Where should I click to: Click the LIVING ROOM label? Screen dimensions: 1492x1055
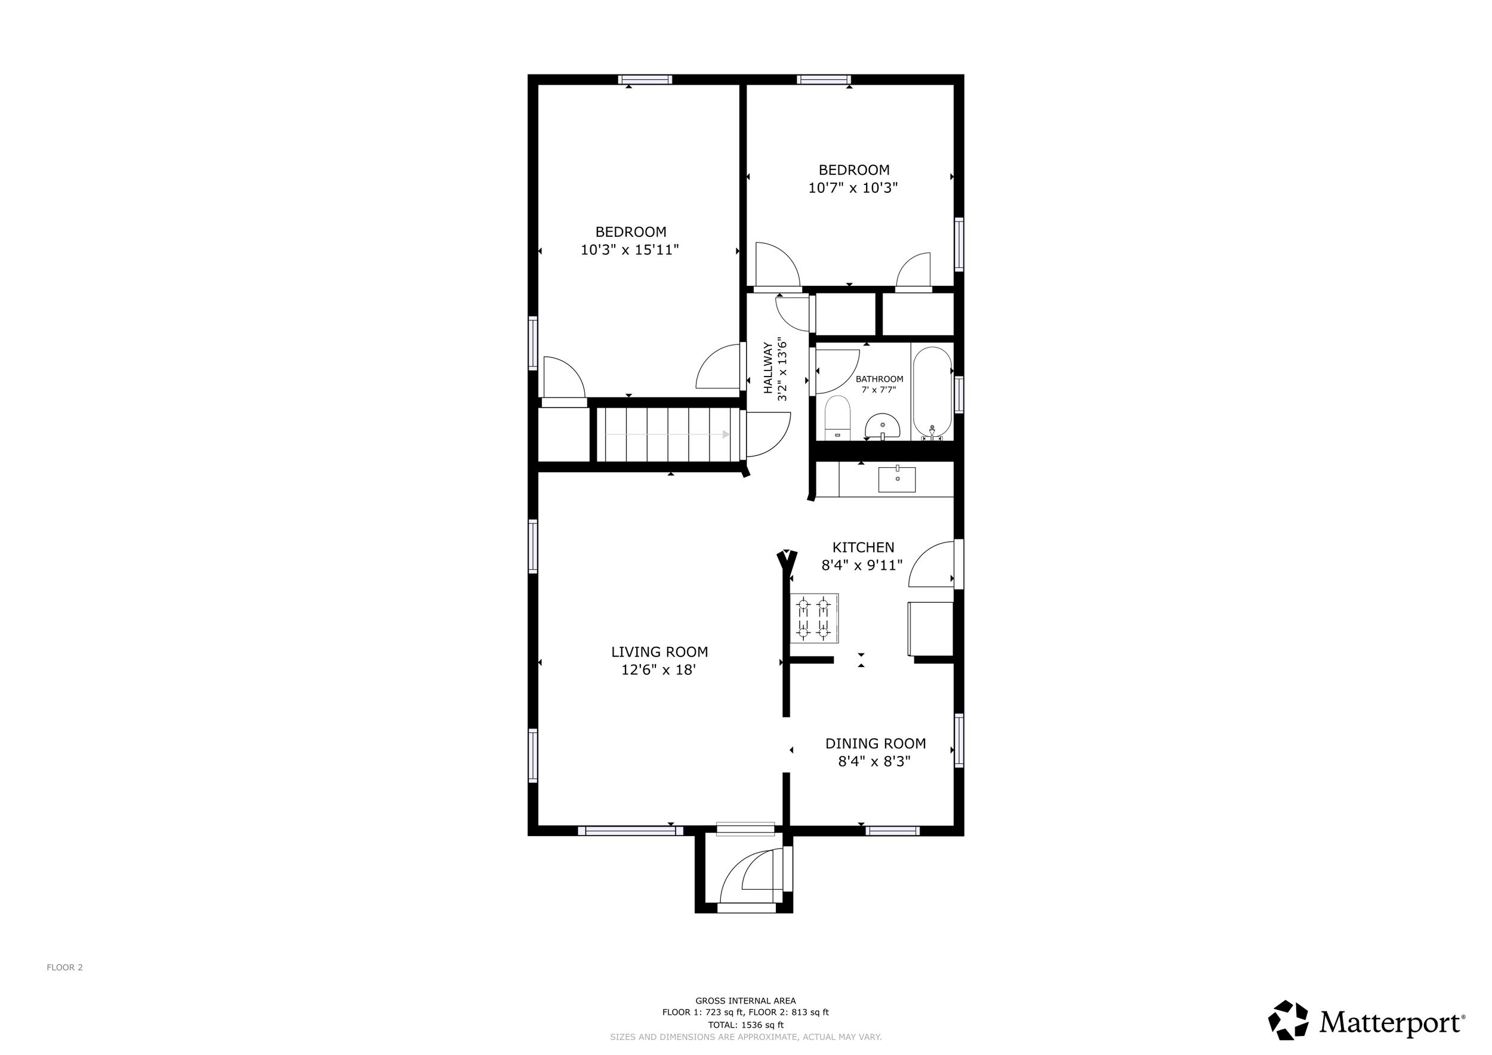coord(659,652)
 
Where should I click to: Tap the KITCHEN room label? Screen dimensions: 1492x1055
coord(863,548)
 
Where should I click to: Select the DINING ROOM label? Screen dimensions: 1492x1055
coord(876,743)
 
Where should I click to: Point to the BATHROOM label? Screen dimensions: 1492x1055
coord(879,380)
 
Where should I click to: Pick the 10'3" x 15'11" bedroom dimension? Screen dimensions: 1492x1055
coord(630,249)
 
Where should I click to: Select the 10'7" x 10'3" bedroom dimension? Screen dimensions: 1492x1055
coord(853,188)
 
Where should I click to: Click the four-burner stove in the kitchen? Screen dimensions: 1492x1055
coord(813,618)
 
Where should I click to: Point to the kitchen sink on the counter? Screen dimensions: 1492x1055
coord(897,479)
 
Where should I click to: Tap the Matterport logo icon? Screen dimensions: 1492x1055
coord(1288,1020)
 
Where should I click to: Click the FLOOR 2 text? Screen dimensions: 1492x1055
coord(65,967)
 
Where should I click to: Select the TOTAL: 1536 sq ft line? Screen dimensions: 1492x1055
coord(746,1025)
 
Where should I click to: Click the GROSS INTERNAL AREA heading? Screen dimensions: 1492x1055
coord(745,1001)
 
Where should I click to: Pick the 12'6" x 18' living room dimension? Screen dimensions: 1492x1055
coord(659,670)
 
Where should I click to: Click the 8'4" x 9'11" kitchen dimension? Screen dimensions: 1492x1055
coord(862,565)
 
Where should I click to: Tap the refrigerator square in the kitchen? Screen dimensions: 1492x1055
coord(930,629)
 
